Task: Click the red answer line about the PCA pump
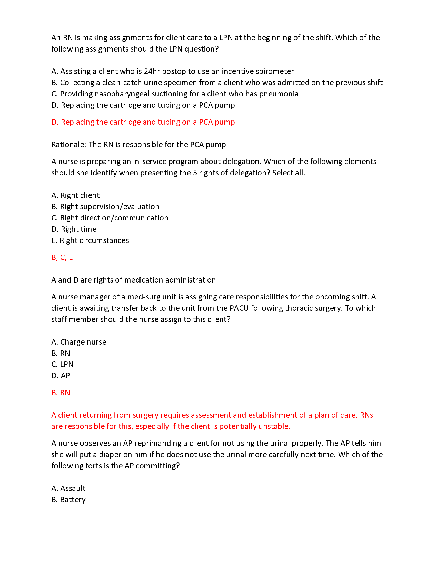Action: tap(143, 122)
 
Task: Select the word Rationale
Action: tap(68, 145)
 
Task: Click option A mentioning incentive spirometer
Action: tap(172, 71)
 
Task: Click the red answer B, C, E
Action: tap(62, 257)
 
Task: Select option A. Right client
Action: tap(75, 195)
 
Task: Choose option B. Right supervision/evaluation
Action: tap(105, 207)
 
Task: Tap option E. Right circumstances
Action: tap(90, 240)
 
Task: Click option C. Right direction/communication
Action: tap(110, 218)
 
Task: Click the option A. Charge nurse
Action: tap(79, 342)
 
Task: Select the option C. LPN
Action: tap(62, 364)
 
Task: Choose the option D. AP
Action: tap(61, 376)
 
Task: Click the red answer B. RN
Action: tap(61, 393)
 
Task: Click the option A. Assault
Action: tap(68, 488)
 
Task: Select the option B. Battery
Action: tap(68, 500)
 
